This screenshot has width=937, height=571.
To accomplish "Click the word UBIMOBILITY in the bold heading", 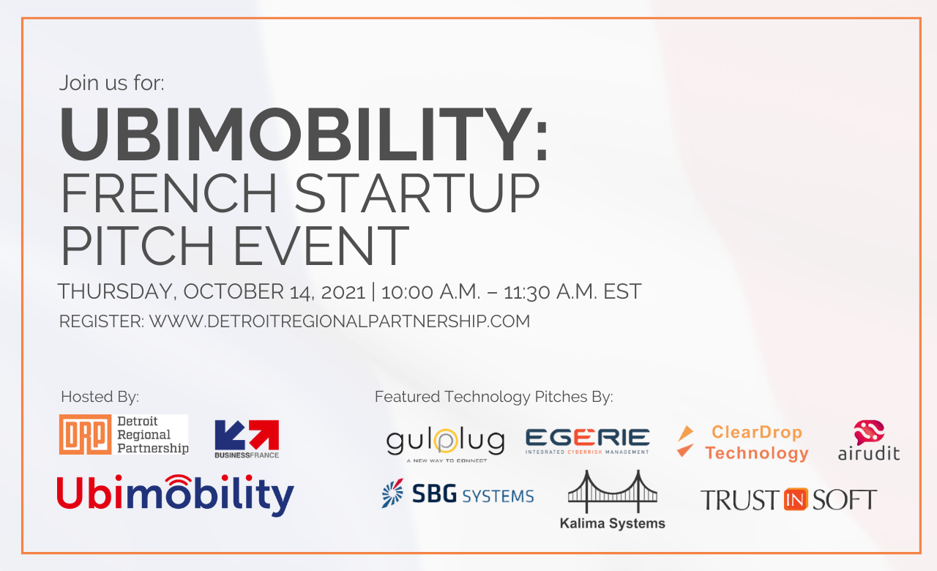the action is pyautogui.click(x=296, y=134).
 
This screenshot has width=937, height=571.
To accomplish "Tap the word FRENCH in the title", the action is pyautogui.click(x=169, y=193).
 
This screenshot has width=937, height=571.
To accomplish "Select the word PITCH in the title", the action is pyautogui.click(x=138, y=245).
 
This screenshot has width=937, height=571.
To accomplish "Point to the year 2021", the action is pyautogui.click(x=343, y=292).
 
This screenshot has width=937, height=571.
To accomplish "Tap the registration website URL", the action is pyautogui.click(x=340, y=321).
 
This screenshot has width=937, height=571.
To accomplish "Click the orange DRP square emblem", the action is pyautogui.click(x=86, y=434).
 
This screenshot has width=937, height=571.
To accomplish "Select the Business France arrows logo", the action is pyautogui.click(x=247, y=438).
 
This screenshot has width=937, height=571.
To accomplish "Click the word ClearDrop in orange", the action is pyautogui.click(x=757, y=432).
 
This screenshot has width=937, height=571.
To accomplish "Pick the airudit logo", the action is pyautogui.click(x=869, y=441).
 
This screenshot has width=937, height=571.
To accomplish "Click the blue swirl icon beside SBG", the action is pyautogui.click(x=392, y=493).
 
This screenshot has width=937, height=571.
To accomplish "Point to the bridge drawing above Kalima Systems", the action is pyautogui.click(x=613, y=491).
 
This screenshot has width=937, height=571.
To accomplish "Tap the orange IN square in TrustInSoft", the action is pyautogui.click(x=795, y=499).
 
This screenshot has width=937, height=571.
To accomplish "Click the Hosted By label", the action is pyautogui.click(x=100, y=397).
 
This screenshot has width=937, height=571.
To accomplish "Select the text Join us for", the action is pyautogui.click(x=112, y=83).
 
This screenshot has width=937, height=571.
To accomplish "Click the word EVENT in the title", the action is pyautogui.click(x=321, y=245).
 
